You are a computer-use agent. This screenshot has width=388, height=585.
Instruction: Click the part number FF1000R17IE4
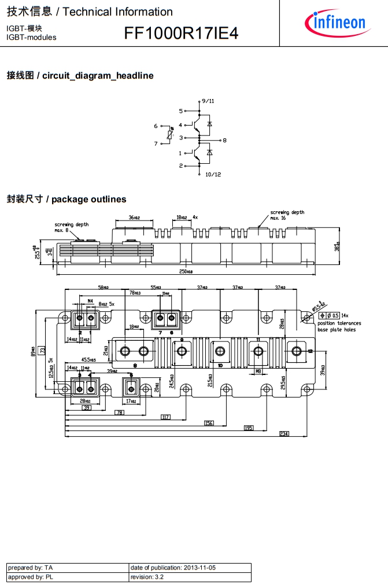click(x=181, y=34)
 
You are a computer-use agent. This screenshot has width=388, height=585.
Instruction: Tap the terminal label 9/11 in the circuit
click(x=208, y=101)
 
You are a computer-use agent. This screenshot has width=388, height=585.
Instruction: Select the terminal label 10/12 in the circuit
click(x=213, y=174)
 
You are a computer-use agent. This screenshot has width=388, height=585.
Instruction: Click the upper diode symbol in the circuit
click(x=209, y=124)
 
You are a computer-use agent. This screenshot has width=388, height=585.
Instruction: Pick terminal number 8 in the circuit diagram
click(x=224, y=141)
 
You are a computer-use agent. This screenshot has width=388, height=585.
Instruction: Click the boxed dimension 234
click(x=284, y=434)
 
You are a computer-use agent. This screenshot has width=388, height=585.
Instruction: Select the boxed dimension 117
click(x=166, y=417)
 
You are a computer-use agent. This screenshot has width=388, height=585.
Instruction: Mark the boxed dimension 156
click(x=209, y=423)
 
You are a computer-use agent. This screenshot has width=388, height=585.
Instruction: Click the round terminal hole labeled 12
click(x=297, y=351)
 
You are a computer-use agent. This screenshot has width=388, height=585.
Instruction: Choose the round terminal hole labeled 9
click(x=182, y=351)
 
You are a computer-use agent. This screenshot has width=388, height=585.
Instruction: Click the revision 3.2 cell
click(x=190, y=577)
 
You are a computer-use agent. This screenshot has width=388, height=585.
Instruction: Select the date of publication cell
click(x=190, y=568)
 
